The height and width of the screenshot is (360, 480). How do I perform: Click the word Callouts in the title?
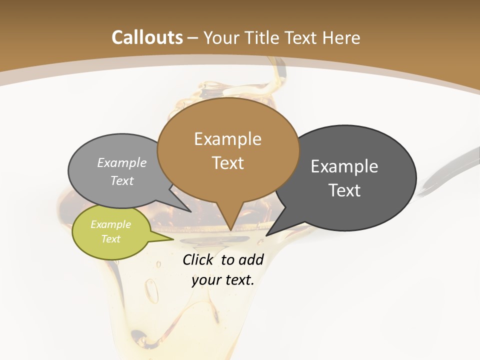coord(147,37)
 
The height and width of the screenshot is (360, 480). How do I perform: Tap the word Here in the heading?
coord(342,37)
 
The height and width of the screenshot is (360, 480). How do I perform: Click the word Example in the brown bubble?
coord(227,139)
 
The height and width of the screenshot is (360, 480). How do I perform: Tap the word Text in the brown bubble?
coord(227,163)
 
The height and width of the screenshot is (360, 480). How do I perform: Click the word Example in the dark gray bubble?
coord(344,166)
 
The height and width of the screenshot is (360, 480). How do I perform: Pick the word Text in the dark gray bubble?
coord(344,190)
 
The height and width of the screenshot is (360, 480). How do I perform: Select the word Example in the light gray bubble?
coord(122,163)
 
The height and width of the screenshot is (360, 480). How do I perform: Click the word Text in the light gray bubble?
coord(122,180)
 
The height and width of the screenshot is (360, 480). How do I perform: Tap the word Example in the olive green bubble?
coord(110,224)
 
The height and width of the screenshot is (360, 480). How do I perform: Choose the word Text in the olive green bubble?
coord(110,239)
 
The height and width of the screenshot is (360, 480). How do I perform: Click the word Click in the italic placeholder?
coord(199,259)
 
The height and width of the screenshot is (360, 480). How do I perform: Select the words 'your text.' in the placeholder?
coord(222,280)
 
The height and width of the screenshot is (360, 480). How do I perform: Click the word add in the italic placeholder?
coord(251,259)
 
